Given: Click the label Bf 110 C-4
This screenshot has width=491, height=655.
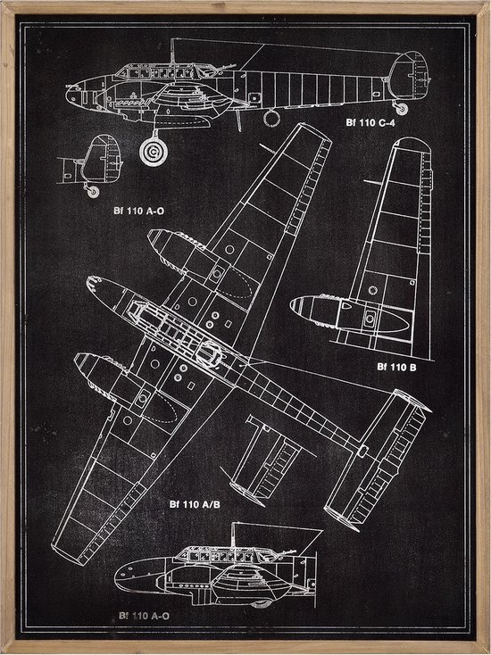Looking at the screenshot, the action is (x=370, y=122).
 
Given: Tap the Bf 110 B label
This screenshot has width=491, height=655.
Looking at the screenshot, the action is (x=396, y=367).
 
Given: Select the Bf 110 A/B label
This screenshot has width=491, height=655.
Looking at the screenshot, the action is (x=195, y=504).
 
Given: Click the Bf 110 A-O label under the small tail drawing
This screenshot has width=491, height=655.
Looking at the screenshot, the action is (x=138, y=211).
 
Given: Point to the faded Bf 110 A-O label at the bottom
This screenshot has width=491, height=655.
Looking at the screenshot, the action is (x=144, y=616).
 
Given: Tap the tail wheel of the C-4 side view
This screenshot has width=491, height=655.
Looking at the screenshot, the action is (x=402, y=109).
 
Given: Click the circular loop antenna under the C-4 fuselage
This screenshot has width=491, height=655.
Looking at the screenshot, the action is (x=271, y=118).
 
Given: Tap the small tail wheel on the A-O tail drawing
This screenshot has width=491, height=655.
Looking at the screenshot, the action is (x=93, y=192).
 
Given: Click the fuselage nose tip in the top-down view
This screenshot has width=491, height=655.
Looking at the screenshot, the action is (x=89, y=281).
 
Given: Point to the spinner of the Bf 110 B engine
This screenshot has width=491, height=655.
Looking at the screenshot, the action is (x=295, y=306).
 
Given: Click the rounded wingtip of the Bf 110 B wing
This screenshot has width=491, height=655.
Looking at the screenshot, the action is (x=412, y=143).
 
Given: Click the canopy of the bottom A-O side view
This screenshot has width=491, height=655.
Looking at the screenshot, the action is (x=226, y=555).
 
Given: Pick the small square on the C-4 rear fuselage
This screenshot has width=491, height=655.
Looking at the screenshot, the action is (x=254, y=98).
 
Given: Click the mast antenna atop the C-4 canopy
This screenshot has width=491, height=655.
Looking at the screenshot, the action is (x=172, y=52).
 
